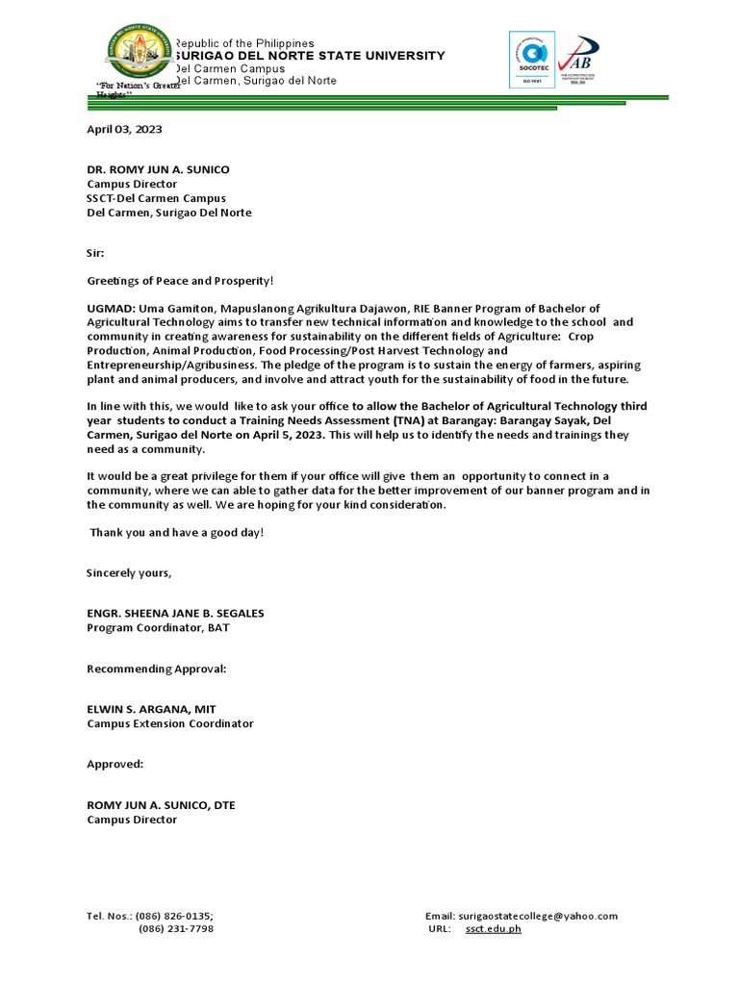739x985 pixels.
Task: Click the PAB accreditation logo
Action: pos(578,60)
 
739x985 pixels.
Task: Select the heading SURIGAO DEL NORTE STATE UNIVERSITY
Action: pos(309,56)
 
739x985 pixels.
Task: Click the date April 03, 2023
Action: pos(120,129)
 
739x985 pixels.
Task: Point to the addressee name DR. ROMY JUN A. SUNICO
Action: pos(159,169)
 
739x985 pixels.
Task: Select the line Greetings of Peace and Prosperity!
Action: pos(181,280)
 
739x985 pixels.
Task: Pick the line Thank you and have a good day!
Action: pos(177,532)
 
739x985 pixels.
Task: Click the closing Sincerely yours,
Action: pos(130,573)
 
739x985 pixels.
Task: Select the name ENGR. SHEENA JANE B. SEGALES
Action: pos(175,614)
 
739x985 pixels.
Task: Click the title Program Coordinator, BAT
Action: pos(159,627)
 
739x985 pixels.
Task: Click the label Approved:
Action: pos(115,764)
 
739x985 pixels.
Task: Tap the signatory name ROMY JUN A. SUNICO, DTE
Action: pos(161,805)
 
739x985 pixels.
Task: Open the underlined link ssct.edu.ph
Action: pos(493,929)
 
